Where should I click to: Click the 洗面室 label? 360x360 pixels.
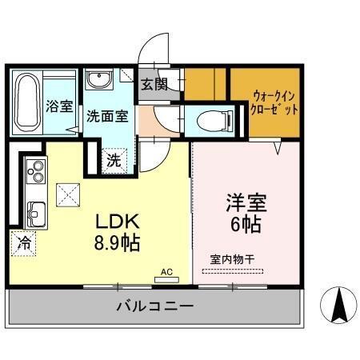(x=106, y=114)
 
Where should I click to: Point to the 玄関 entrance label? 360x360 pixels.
(x=155, y=85)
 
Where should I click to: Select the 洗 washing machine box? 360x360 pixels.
(x=114, y=159)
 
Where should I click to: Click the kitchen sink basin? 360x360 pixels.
(x=36, y=213)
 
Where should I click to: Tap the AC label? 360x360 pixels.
(x=166, y=271)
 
